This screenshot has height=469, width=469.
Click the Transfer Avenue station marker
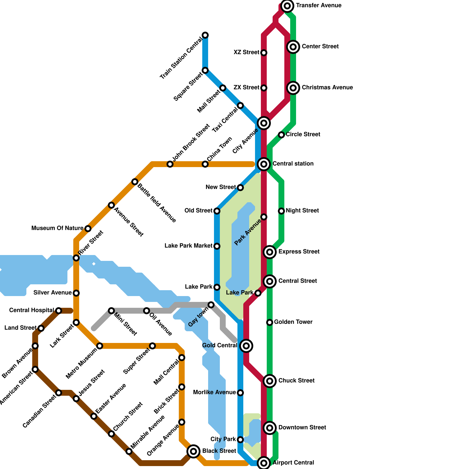[287, 6]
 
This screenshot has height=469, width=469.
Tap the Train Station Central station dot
[205, 35]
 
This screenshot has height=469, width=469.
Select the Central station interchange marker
[264, 164]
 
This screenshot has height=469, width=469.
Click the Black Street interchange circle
[193, 451]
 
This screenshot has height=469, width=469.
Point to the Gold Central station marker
[246, 346]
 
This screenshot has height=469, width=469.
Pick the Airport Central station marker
[264, 463]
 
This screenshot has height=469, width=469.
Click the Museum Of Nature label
[57, 228]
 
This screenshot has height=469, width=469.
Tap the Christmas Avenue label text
[327, 87]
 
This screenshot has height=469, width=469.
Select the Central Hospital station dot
[59, 311]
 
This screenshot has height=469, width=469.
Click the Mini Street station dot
[111, 311]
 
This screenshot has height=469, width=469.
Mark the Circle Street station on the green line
[281, 135]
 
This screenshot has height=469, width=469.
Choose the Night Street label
[302, 210]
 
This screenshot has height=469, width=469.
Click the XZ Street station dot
[264, 53]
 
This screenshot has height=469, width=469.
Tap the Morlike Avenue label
[215, 392]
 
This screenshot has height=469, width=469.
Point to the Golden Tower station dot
[270, 322]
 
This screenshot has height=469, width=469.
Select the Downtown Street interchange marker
[270, 428]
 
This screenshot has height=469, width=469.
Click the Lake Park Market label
[188, 246]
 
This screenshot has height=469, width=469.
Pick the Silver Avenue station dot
[76, 293]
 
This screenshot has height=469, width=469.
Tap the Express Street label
[299, 252]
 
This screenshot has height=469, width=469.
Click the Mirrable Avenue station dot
[129, 451]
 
